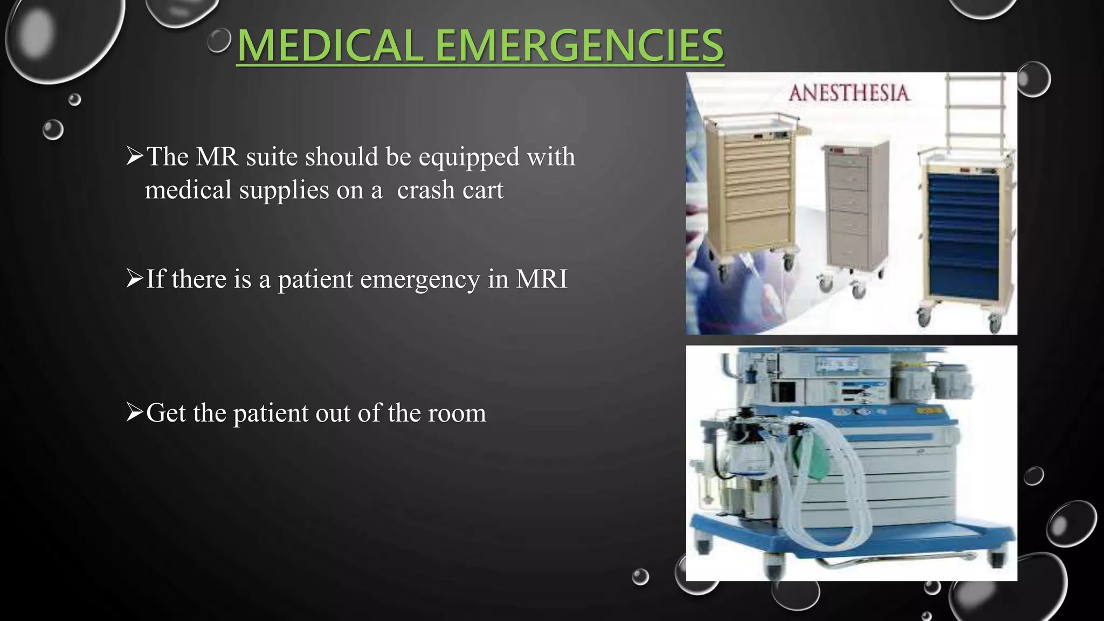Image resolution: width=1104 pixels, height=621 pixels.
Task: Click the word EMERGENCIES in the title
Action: click(579, 46)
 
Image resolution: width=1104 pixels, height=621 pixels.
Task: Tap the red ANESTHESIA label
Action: click(849, 93)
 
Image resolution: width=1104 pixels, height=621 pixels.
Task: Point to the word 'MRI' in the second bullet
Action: click(541, 279)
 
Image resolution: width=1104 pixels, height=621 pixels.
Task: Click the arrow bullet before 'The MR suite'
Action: click(134, 156)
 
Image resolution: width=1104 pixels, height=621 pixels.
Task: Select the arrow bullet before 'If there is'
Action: click(134, 279)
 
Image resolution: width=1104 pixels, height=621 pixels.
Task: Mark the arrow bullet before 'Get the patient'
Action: click(134, 413)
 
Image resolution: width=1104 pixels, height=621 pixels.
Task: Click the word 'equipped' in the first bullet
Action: click(469, 157)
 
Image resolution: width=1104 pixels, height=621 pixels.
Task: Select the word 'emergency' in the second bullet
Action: click(419, 280)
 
